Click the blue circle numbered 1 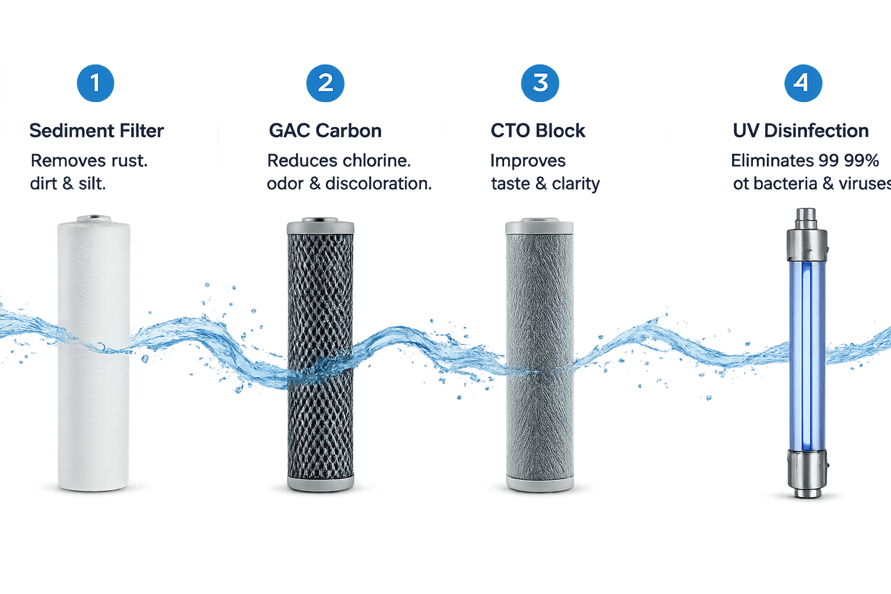point(96,83)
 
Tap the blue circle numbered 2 point(325,83)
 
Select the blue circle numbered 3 point(540,83)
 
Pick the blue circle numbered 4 point(803,83)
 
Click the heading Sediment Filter point(97,131)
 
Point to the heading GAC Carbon point(325,131)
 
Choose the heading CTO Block point(538,131)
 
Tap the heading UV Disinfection point(801,131)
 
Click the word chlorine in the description point(376,161)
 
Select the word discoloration point(378,184)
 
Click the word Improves point(528,161)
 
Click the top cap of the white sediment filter point(94,219)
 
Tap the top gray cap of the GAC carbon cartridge point(321,226)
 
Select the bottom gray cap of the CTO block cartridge point(540,483)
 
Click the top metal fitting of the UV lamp point(807,235)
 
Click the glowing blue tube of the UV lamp point(807,356)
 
